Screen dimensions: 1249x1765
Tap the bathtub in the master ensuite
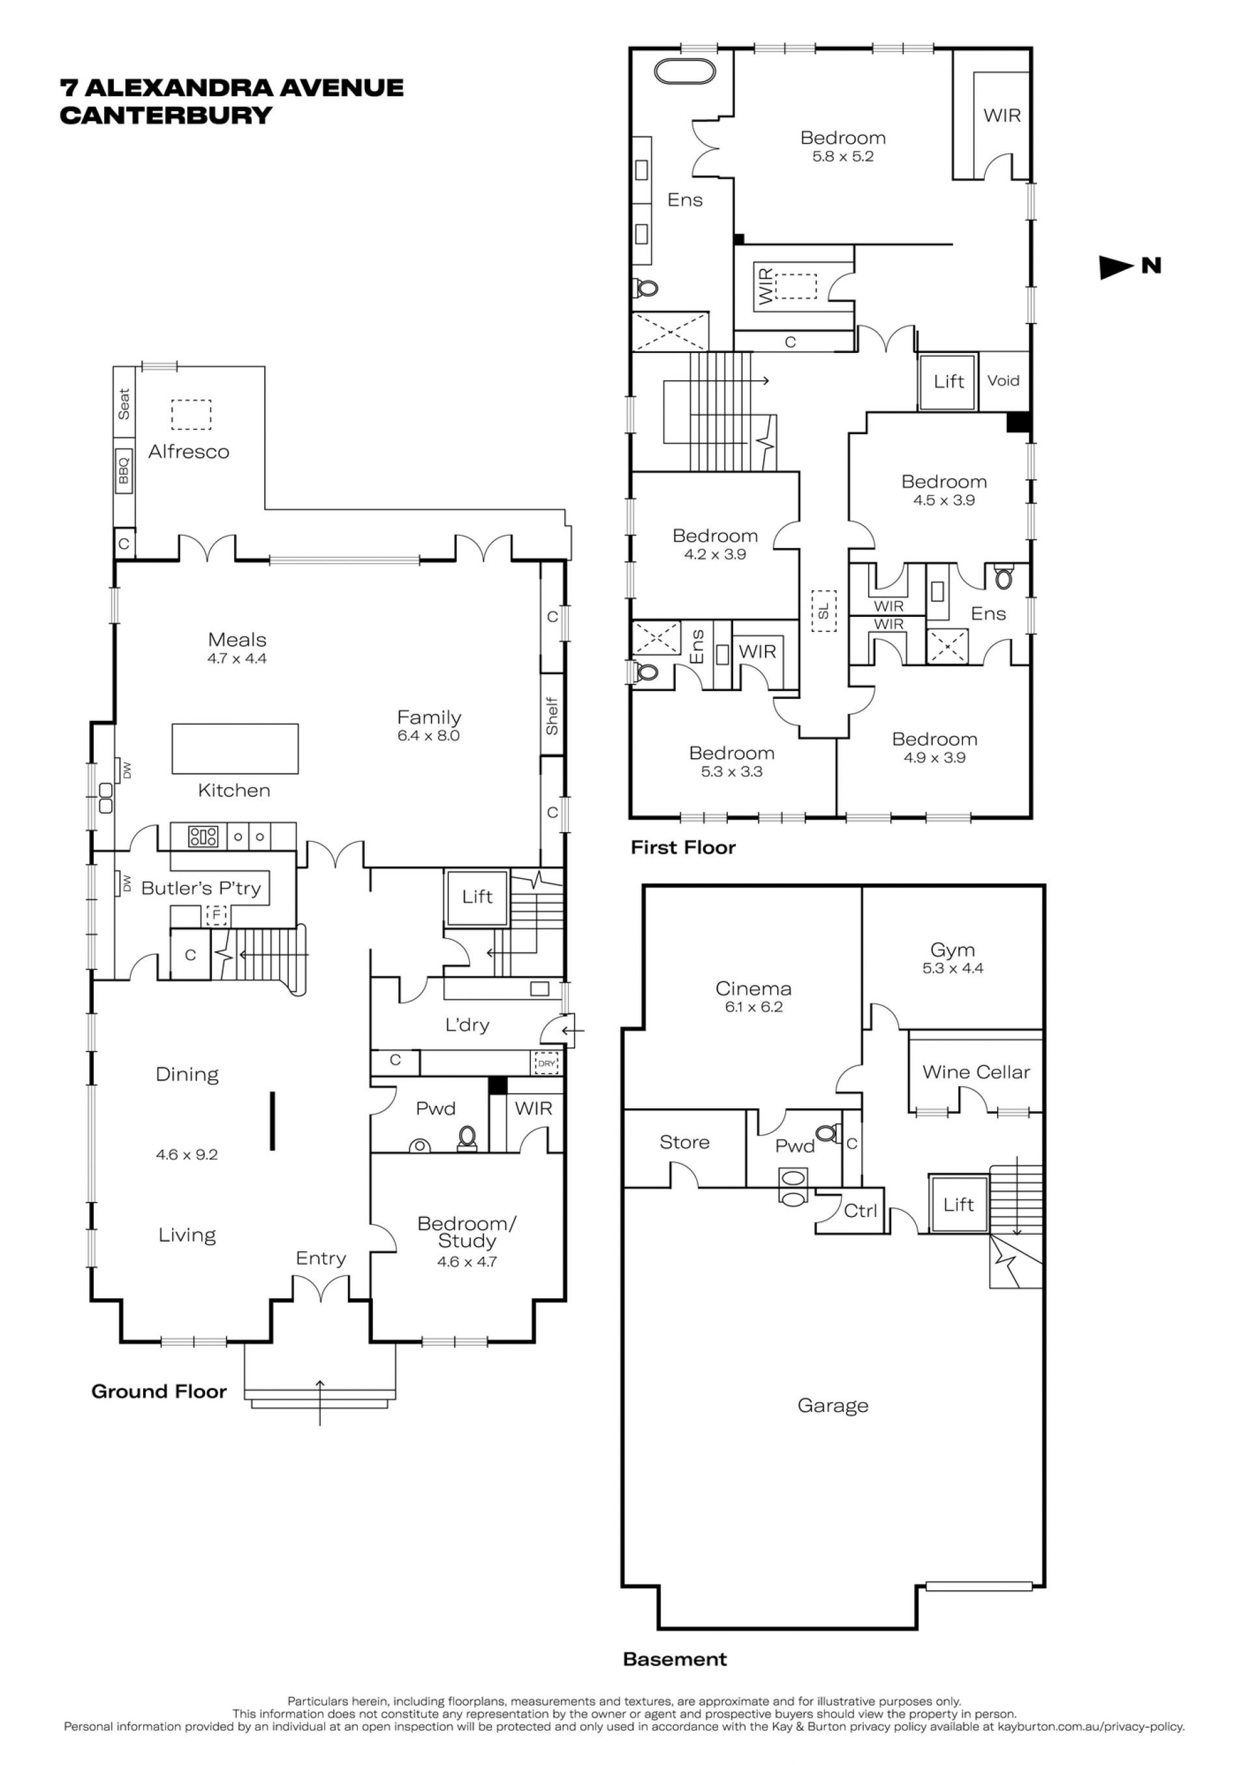click(684, 71)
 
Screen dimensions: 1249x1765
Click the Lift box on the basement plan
click(958, 1204)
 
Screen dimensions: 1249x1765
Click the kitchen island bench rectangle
click(235, 748)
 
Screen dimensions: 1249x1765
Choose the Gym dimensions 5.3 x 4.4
click(953, 969)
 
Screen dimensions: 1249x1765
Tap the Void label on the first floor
click(1003, 380)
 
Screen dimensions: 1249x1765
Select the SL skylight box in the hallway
click(824, 610)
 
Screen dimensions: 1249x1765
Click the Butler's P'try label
click(201, 889)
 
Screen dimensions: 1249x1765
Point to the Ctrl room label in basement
click(860, 1210)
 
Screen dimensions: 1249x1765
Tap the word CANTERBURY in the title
click(166, 115)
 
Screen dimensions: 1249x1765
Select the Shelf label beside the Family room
click(552, 716)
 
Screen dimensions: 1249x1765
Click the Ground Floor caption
click(159, 1391)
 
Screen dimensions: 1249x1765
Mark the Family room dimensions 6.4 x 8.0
click(429, 736)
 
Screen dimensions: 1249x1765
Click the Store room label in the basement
click(684, 1142)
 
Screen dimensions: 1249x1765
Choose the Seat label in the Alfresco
click(124, 404)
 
